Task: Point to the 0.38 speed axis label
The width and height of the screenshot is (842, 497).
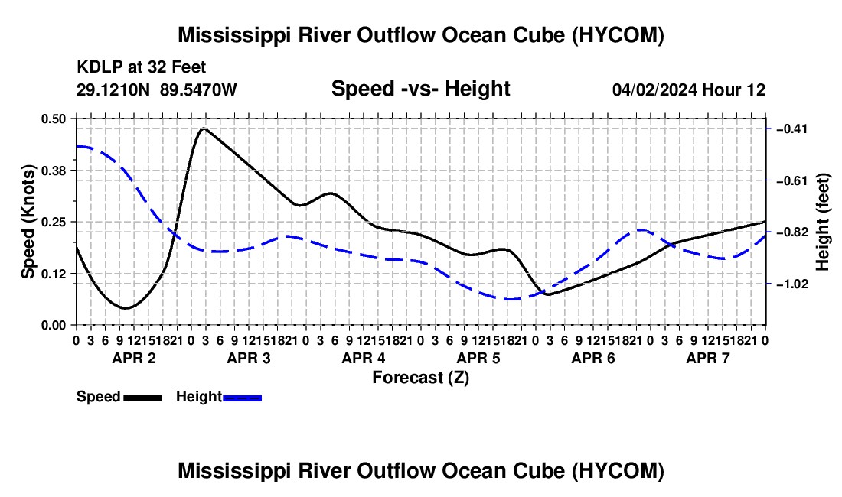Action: tap(53, 171)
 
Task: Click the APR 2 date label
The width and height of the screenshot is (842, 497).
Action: tap(134, 358)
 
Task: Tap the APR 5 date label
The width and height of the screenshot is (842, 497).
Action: tap(478, 358)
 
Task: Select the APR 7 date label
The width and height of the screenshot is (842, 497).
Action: tap(708, 358)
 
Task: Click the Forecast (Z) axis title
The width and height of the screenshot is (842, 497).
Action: tap(421, 378)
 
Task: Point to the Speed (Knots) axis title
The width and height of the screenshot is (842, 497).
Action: tap(28, 222)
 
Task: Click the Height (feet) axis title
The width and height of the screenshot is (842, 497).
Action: tap(822, 222)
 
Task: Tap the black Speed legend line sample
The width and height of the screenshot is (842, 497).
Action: tap(143, 398)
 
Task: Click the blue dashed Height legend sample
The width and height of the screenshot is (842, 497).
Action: tap(242, 398)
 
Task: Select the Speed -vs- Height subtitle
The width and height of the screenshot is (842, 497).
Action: tap(420, 89)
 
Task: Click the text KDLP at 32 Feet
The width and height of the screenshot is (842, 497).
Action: tap(142, 67)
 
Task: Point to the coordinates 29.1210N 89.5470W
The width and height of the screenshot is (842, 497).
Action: tap(156, 89)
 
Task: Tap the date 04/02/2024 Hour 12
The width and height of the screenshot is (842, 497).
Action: tap(689, 89)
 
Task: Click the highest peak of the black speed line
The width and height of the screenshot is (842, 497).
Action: tap(204, 128)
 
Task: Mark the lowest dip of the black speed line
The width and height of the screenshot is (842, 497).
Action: tap(126, 307)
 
